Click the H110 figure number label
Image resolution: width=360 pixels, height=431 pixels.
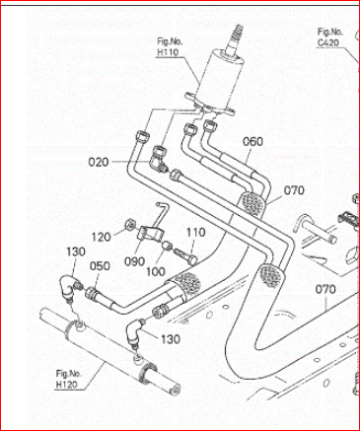click(168, 47)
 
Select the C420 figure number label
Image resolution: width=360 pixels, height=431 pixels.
click(329, 37)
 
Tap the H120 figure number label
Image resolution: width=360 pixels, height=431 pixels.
click(68, 379)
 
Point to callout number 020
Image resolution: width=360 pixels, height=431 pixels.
click(99, 162)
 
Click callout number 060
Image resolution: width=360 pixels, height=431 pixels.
click(252, 142)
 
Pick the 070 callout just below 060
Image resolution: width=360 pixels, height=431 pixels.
click(294, 190)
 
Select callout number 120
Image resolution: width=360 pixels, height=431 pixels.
click(101, 237)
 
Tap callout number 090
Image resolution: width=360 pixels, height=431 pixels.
click(134, 261)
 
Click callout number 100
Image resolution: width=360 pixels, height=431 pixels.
click(156, 271)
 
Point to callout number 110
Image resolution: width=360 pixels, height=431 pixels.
click(196, 233)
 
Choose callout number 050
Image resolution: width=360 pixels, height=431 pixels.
click(100, 266)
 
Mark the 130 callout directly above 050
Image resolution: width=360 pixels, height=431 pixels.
click(76, 251)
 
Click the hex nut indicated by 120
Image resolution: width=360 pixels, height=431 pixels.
click(129, 225)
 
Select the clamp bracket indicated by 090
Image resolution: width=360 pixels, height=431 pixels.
click(150, 234)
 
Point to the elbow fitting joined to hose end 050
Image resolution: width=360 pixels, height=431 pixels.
click(69, 287)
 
